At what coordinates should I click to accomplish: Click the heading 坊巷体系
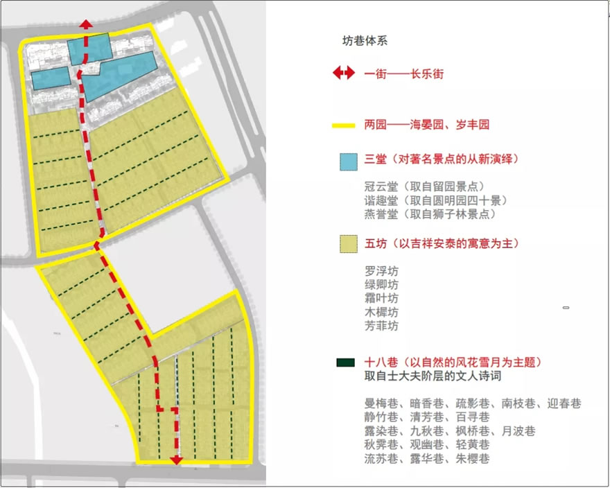[x=365, y=40]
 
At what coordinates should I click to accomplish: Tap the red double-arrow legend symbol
[x=343, y=73]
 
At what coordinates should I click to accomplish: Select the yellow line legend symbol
[x=343, y=125]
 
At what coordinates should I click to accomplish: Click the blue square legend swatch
[x=345, y=160]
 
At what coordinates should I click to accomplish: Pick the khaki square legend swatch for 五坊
[x=345, y=243]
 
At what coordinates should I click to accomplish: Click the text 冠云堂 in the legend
[x=380, y=186]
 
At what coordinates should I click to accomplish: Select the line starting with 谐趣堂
[x=436, y=200]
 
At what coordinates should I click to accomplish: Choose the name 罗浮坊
[x=381, y=270]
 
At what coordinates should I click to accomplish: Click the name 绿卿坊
[x=381, y=284]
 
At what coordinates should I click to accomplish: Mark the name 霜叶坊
[x=381, y=298]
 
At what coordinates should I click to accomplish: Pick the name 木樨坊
[x=381, y=312]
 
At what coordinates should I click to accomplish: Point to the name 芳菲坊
[x=381, y=326]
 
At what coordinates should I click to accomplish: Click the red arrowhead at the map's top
[x=85, y=24]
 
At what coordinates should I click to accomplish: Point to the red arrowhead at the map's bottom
[x=177, y=459]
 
